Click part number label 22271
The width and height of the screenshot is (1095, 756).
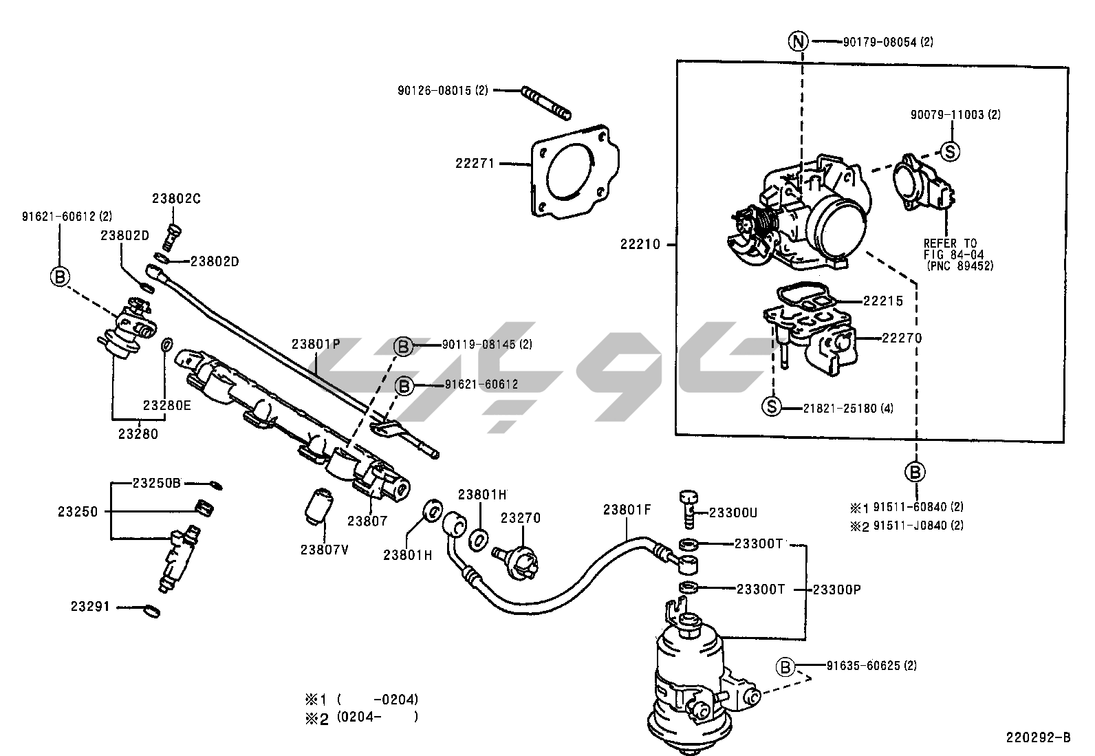(x=475, y=164)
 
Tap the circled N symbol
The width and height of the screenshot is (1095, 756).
(x=797, y=42)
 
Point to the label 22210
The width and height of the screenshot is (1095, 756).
(x=640, y=244)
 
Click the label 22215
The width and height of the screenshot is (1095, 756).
(x=882, y=301)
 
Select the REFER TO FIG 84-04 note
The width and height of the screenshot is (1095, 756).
(x=953, y=254)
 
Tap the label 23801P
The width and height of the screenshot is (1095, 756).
(x=315, y=343)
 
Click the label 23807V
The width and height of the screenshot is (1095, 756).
(x=324, y=549)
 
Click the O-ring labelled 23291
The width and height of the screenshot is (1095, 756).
(x=153, y=610)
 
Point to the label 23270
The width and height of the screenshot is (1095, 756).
(x=520, y=518)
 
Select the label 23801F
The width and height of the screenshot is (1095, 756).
(x=627, y=510)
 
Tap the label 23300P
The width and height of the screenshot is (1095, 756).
(x=836, y=590)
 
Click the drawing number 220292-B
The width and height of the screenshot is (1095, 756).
(x=1038, y=737)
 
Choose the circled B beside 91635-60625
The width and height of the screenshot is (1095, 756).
(x=785, y=666)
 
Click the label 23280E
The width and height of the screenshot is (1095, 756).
(x=166, y=405)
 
